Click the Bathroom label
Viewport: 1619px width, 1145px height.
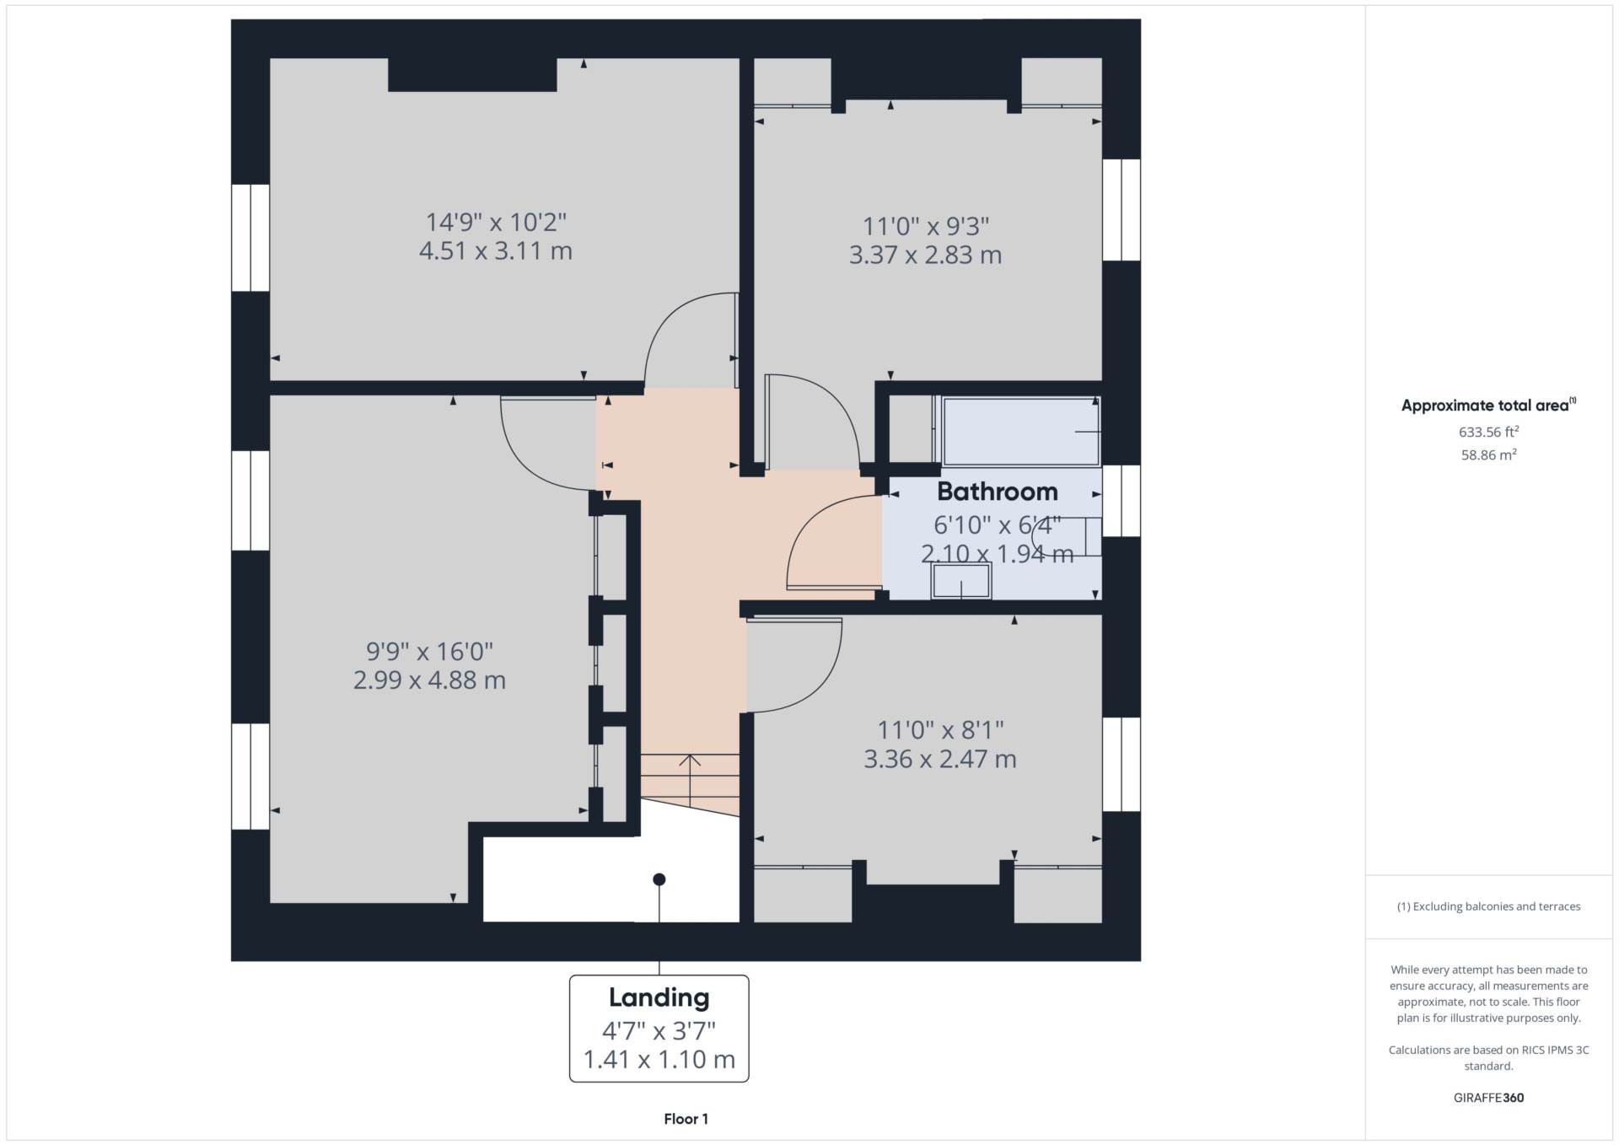997,492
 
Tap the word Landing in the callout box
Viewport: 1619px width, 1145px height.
659,998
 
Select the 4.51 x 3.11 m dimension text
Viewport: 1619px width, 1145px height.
496,251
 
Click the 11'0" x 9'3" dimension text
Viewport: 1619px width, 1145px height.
925,226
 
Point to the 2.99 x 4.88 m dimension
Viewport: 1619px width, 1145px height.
429,680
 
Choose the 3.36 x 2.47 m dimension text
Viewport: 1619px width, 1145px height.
940,759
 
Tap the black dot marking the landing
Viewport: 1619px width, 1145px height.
659,879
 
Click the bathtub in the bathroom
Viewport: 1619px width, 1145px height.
1021,432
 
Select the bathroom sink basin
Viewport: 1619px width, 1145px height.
961,582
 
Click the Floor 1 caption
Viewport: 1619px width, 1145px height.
686,1119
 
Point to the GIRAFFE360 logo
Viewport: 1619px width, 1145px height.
1488,1098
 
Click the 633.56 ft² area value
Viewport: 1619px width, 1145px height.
1488,432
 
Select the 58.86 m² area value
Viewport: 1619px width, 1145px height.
1488,454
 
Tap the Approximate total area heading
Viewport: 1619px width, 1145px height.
1488,406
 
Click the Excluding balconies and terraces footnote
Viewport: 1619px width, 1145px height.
1488,906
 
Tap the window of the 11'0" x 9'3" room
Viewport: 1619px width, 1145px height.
1121,210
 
